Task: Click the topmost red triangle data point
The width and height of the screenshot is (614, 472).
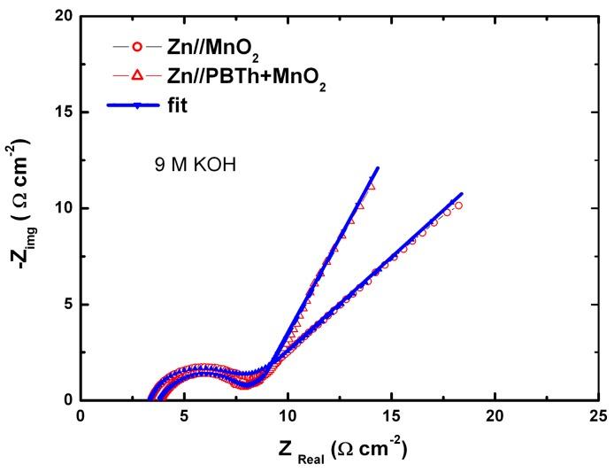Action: click(372, 187)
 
